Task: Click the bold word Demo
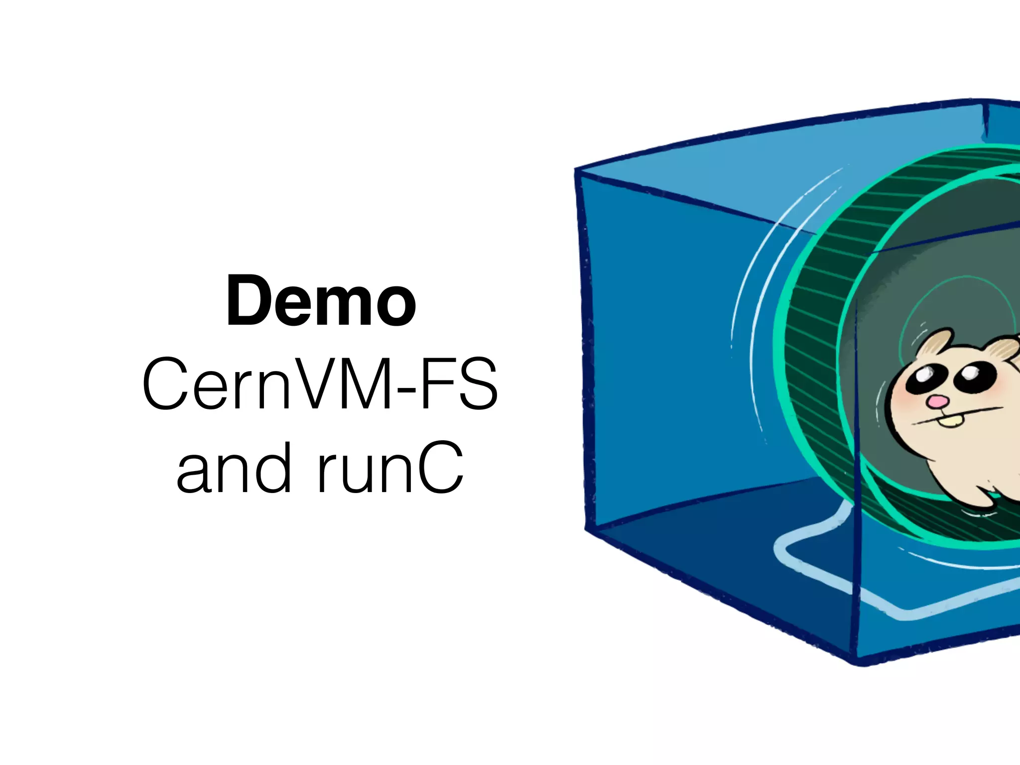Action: [x=321, y=302]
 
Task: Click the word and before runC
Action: [x=233, y=469]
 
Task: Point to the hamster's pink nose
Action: [x=939, y=401]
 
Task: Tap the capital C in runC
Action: [x=439, y=469]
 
